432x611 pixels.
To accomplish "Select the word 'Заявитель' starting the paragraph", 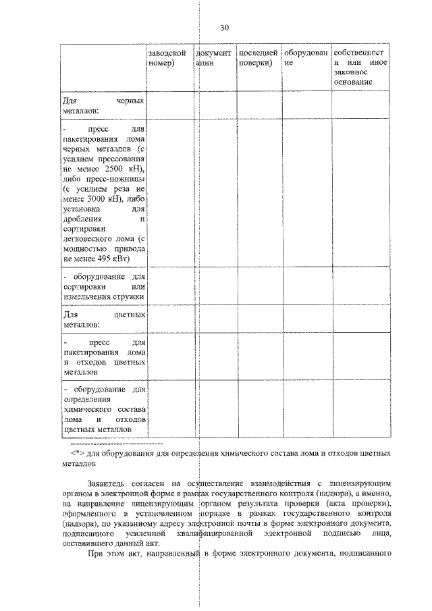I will [x=108, y=484].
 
